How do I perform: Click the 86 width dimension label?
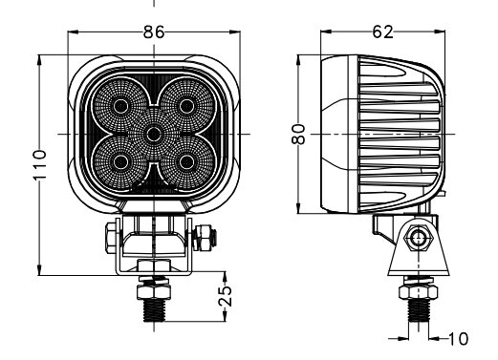(x=154, y=32)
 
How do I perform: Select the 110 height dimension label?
(x=40, y=164)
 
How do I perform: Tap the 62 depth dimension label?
(x=383, y=32)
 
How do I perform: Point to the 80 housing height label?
(x=299, y=135)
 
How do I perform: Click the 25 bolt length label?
(x=226, y=297)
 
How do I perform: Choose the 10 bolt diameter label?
(x=459, y=339)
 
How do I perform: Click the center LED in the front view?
(x=154, y=134)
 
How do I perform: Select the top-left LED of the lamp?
(x=121, y=106)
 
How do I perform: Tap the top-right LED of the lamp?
(x=186, y=106)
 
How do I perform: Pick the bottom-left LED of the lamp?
(x=121, y=162)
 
